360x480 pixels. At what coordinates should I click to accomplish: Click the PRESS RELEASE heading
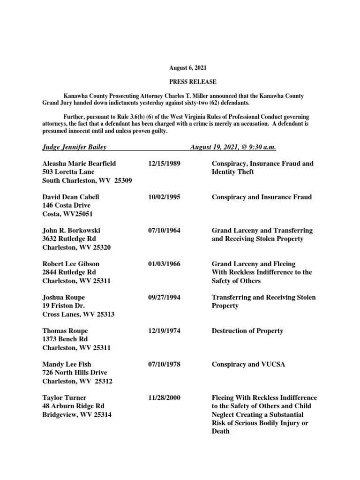coord(193,82)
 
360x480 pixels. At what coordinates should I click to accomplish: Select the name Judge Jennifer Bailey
coord(75,147)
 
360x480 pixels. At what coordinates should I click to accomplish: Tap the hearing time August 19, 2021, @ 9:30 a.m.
coord(233,147)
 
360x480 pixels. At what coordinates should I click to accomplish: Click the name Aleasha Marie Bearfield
coord(79,164)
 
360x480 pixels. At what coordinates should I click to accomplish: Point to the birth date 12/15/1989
coord(164,164)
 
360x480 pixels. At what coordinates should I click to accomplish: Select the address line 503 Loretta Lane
coord(68,172)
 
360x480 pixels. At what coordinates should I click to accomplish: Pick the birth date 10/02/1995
coord(164,197)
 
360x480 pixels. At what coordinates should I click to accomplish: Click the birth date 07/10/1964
coord(164,231)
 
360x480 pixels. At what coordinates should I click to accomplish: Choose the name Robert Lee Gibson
coord(71,264)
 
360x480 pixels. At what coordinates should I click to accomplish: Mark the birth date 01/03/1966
coord(164,264)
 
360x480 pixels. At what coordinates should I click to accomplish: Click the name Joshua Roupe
coord(64,297)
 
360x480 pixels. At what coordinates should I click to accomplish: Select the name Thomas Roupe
coord(65,330)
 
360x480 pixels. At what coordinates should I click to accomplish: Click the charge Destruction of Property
coord(247,330)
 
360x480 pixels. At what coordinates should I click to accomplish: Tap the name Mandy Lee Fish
coord(67,364)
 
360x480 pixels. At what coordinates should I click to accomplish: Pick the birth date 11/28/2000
coord(164,397)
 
